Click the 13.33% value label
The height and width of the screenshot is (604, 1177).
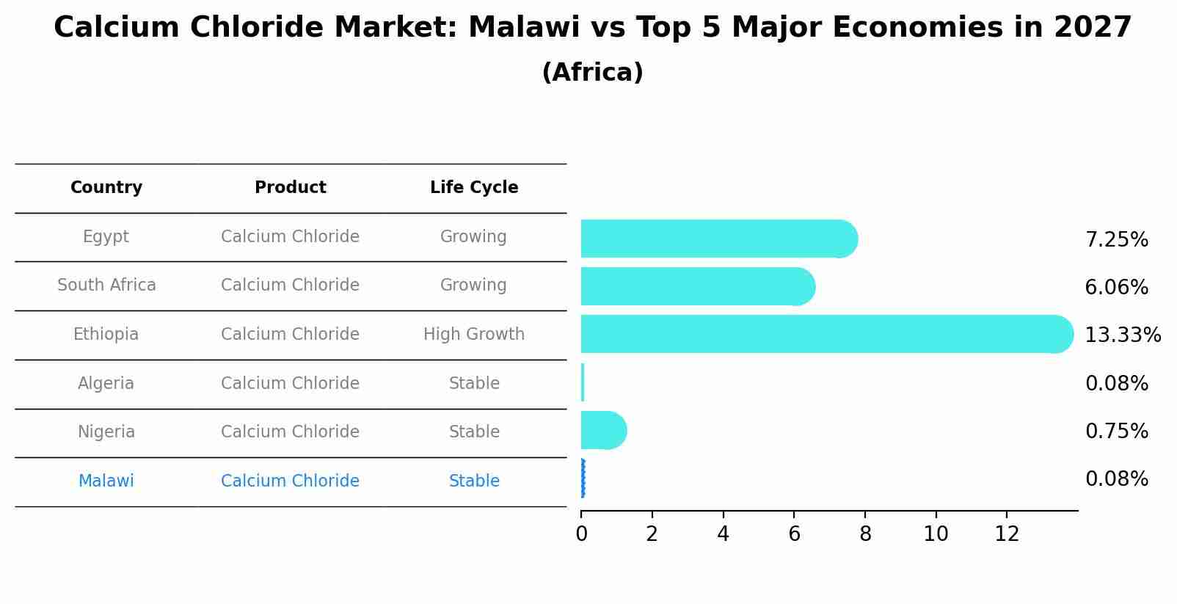tap(1122, 335)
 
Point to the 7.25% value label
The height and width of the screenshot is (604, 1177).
tap(1116, 240)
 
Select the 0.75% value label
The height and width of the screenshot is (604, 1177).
tap(1116, 432)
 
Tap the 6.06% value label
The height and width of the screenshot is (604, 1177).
tap(1116, 288)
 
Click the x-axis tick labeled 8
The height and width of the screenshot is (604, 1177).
tap(865, 534)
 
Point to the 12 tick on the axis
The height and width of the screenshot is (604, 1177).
tap(1007, 534)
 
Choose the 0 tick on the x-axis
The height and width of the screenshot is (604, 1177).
tap(581, 534)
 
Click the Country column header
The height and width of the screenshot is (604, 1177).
tap(106, 188)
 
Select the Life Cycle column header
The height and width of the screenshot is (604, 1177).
tap(474, 188)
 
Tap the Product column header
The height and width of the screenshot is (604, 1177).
tap(290, 188)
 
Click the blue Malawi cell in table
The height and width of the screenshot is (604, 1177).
tap(106, 481)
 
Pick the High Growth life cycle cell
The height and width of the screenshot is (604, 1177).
tap(474, 335)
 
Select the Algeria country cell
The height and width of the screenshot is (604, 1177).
tap(106, 384)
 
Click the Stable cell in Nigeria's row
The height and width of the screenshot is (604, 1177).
tap(474, 432)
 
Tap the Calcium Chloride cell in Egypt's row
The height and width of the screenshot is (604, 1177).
tap(290, 237)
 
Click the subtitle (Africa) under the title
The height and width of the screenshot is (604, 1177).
tap(592, 73)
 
